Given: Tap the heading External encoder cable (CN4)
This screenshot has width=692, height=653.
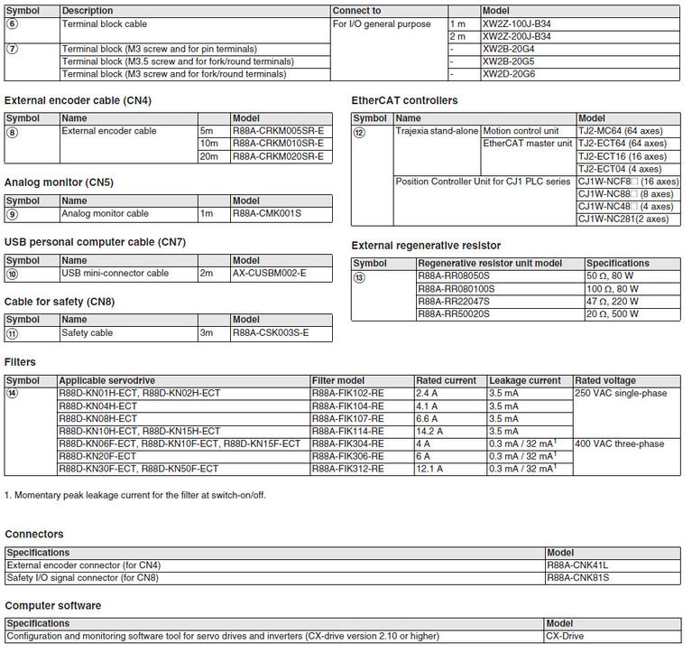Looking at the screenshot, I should pyautogui.click(x=78, y=100).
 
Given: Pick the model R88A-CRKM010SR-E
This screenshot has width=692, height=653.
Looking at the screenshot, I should pyautogui.click(x=278, y=144).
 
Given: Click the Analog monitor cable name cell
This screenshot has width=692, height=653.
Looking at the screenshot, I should pyautogui.click(x=106, y=214).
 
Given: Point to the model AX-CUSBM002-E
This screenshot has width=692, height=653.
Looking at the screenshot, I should pyautogui.click(x=269, y=273).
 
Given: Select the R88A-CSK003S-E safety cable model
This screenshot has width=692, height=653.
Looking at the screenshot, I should pyautogui.click(x=271, y=332).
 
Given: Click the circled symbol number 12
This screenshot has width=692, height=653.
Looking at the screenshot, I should pyautogui.click(x=359, y=132).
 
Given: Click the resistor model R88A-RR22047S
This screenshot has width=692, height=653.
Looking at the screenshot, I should pyautogui.click(x=453, y=301).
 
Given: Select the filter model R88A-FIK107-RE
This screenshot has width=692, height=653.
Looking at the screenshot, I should pyautogui.click(x=347, y=419).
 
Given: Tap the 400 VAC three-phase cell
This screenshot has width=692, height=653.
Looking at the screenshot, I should pyautogui.click(x=619, y=444).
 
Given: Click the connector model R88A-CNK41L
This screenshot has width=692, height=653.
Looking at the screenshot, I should pyautogui.click(x=577, y=565).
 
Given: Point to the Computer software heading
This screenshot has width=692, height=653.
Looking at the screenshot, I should pyautogui.click(x=53, y=605).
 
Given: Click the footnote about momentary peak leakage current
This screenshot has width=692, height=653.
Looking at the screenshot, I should pyautogui.click(x=135, y=495).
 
